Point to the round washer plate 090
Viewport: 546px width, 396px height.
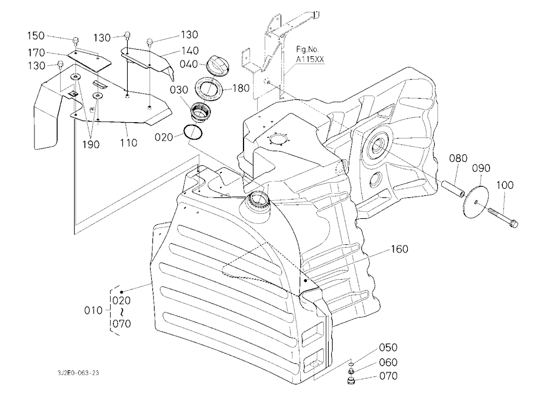(x=476, y=196)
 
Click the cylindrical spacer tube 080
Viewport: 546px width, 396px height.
(x=453, y=188)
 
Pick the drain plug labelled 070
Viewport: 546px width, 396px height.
(x=351, y=380)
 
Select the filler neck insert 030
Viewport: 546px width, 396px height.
(x=199, y=112)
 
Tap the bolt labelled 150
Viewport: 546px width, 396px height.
(x=75, y=41)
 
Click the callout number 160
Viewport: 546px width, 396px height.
(x=400, y=249)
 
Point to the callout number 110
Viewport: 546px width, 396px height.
(x=129, y=143)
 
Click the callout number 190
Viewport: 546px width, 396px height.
(x=91, y=144)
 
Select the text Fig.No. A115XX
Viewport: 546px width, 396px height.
(x=310, y=55)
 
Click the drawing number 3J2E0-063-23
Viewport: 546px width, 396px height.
(x=78, y=373)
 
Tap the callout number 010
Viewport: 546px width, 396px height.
(x=93, y=310)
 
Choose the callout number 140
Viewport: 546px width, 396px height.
(x=190, y=51)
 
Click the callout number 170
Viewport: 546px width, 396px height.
(x=37, y=52)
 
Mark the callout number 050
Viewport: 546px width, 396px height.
(x=388, y=347)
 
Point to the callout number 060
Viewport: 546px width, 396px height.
(x=388, y=362)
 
